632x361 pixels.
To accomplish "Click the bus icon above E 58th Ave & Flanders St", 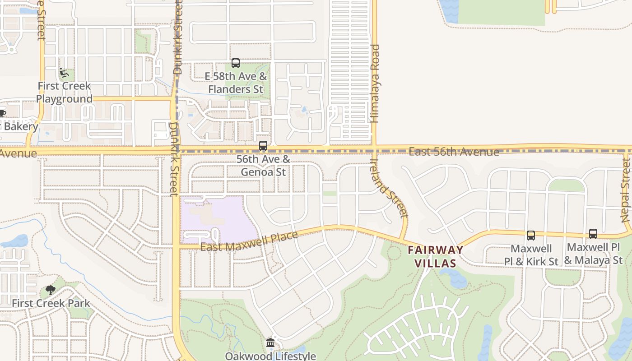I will click(x=235, y=63).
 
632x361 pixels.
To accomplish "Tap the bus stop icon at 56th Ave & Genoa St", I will click(x=263, y=146).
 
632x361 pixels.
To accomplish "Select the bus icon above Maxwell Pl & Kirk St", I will click(x=531, y=235).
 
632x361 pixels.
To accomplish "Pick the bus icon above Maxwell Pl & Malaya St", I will click(x=593, y=234).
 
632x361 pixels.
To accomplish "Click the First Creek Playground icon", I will click(x=64, y=72).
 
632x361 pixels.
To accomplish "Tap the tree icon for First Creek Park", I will click(x=51, y=290).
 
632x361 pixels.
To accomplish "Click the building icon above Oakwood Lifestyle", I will click(x=270, y=343).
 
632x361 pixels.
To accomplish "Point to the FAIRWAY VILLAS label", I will click(x=436, y=256).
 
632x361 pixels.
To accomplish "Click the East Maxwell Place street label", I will click(x=249, y=241).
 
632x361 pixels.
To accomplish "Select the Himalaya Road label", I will click(x=375, y=83).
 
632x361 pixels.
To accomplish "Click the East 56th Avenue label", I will click(x=454, y=152).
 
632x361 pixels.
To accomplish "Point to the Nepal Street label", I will click(x=626, y=190).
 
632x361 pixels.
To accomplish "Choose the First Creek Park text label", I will click(x=51, y=303).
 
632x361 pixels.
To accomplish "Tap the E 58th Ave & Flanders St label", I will click(x=235, y=83).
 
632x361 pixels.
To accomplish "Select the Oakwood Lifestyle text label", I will click(x=270, y=356).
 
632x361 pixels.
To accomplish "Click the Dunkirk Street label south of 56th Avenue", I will click(x=174, y=159).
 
